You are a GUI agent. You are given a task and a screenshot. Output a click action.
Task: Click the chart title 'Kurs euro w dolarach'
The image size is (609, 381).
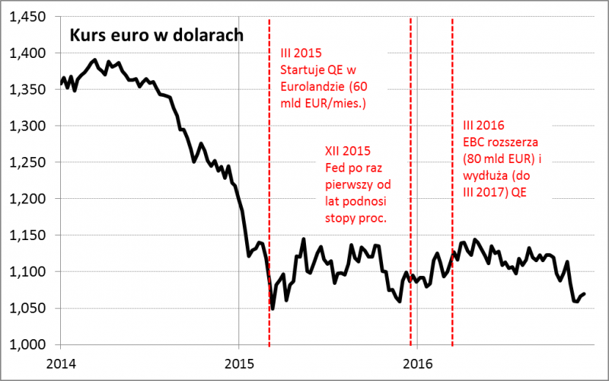pos(157,35)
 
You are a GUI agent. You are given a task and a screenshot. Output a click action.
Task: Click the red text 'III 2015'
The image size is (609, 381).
pos(298,53)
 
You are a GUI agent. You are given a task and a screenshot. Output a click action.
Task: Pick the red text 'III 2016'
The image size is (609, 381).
pos(483,125)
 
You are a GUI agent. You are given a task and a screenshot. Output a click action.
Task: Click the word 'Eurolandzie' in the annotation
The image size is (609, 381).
pos(310,86)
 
